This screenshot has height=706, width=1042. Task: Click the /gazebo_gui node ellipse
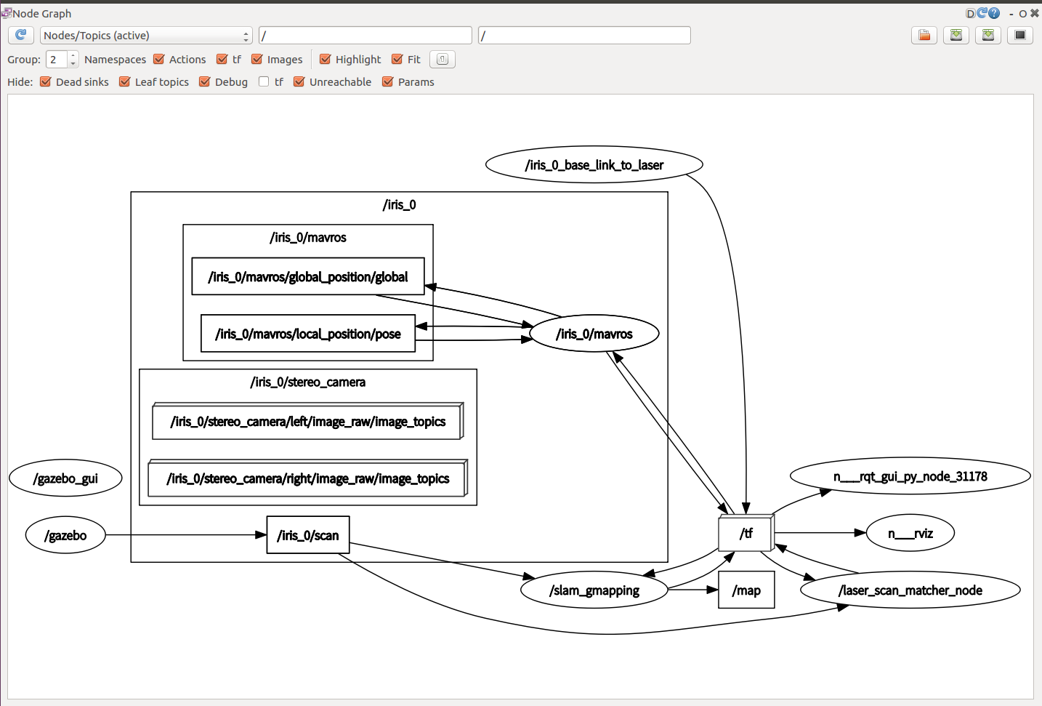pyautogui.click(x=65, y=478)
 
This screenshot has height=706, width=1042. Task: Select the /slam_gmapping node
pyautogui.click(x=594, y=590)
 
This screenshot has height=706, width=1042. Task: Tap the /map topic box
pyautogui.click(x=746, y=590)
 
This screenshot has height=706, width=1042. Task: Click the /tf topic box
pyautogui.click(x=746, y=534)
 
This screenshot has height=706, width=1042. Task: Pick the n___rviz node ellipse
pyautogui.click(x=910, y=534)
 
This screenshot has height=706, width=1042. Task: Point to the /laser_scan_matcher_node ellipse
pyautogui.click(x=910, y=590)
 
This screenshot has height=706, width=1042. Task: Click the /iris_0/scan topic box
pyautogui.click(x=308, y=535)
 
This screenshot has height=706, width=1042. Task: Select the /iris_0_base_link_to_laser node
pyautogui.click(x=594, y=165)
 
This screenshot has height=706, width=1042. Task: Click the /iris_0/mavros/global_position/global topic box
pyautogui.click(x=308, y=277)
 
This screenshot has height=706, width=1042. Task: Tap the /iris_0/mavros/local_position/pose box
pyautogui.click(x=308, y=334)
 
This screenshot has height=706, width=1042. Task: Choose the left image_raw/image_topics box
pyautogui.click(x=307, y=422)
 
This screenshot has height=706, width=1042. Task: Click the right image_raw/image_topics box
pyautogui.click(x=307, y=478)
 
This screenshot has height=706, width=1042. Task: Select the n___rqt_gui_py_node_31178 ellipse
pyautogui.click(x=910, y=477)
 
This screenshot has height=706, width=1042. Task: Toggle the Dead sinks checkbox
pyautogui.click(x=46, y=82)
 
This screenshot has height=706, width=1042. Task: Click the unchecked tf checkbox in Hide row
pyautogui.click(x=264, y=82)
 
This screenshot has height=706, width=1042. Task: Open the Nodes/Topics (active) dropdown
pyautogui.click(x=146, y=36)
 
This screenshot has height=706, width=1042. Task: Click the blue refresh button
pyautogui.click(x=21, y=35)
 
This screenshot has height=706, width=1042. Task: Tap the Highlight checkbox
pyautogui.click(x=326, y=60)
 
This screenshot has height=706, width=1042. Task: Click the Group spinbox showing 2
pyautogui.click(x=57, y=60)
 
